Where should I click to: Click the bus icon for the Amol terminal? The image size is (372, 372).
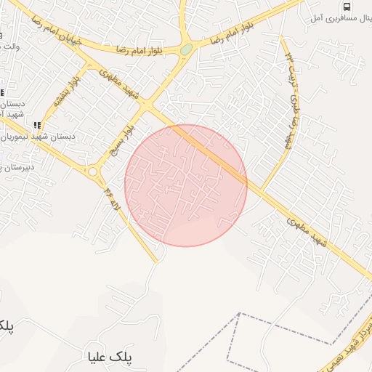(346, 7)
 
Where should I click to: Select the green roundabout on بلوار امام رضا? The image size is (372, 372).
(187, 49)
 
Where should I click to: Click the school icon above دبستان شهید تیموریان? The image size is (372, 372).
(37, 125)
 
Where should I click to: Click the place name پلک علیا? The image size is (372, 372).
(110, 357)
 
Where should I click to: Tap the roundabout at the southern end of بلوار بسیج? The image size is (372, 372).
(93, 172)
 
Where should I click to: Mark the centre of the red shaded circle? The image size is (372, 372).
(186, 185)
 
